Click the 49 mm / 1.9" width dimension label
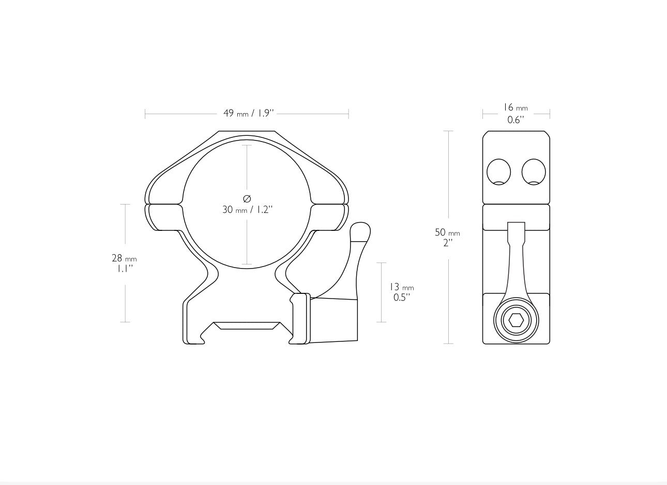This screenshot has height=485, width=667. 248,113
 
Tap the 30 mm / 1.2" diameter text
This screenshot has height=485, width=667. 247,210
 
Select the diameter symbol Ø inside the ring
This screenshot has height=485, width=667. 247,198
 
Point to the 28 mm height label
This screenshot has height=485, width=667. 124,258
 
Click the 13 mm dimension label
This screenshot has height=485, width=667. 401,287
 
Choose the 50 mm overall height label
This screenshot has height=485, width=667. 447,232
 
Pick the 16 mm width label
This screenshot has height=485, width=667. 516,107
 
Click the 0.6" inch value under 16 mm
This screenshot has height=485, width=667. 516,120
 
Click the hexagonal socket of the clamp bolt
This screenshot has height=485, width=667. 516,320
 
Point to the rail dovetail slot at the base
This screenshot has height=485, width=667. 247,326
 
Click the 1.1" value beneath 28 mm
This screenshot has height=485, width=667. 125,269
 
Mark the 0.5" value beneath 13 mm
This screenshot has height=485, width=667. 401,298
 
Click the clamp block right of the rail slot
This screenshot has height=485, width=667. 333,320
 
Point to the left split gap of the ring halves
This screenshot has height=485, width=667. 164,204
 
